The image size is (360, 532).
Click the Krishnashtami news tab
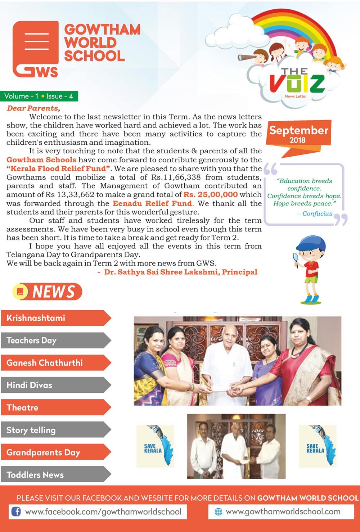point(54,318)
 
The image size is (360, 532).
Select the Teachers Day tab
point(54,341)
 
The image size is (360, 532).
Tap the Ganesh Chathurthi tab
point(54,363)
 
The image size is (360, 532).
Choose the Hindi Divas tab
point(54,385)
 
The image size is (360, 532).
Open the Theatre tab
point(54,407)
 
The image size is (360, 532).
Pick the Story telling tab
point(54,430)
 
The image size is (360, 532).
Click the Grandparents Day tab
point(54,452)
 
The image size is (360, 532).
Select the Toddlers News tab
point(54,475)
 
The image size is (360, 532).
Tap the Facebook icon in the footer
point(16,511)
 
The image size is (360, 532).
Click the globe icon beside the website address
point(218,512)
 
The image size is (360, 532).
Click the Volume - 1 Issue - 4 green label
point(39,96)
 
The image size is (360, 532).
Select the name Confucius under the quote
point(317,213)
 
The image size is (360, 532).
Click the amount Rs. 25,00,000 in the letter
point(211,195)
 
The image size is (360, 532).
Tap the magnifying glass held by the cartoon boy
point(296,258)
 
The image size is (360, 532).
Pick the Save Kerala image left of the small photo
point(155,446)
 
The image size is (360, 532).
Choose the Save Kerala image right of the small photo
point(318,446)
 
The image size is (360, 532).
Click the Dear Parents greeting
point(33,108)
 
